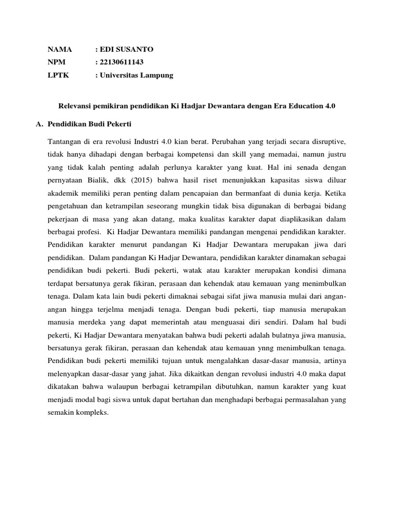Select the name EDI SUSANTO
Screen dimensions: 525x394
[x=126, y=50]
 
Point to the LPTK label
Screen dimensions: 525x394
[x=58, y=75]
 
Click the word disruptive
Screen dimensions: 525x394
[x=327, y=142]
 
